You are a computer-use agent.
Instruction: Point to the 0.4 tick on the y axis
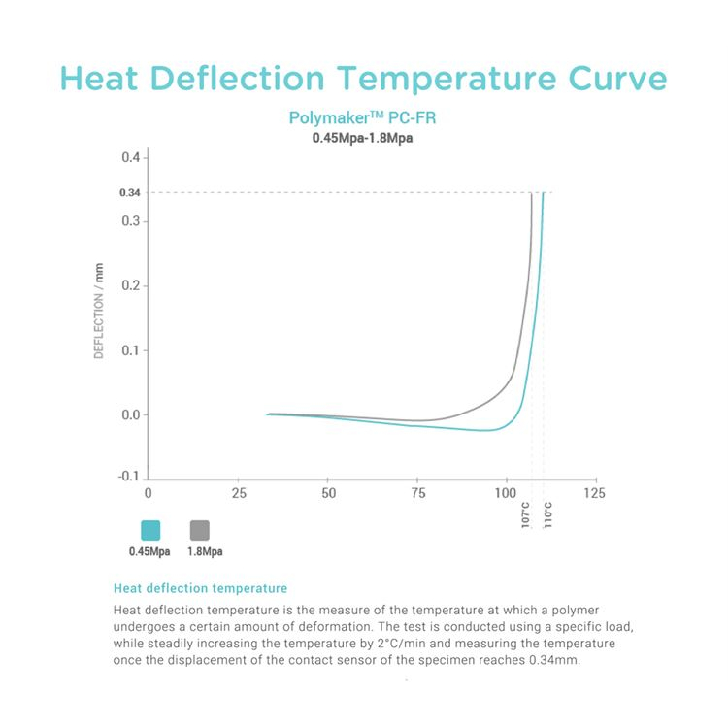(130, 157)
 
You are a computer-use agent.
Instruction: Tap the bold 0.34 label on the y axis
(129, 192)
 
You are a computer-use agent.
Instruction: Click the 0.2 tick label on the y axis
(130, 285)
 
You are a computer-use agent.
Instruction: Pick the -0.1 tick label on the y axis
(128, 478)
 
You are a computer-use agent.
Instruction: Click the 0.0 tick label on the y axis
(130, 414)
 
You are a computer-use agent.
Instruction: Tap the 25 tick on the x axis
(238, 493)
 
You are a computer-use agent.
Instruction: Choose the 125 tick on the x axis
(595, 493)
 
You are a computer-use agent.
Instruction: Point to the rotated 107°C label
(526, 514)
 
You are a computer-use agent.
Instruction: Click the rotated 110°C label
(547, 514)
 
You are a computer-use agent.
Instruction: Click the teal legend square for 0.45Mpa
(150, 530)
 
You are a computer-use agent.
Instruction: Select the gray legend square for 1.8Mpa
(199, 530)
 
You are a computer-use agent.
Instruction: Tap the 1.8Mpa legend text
(205, 551)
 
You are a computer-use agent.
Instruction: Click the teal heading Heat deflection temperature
(200, 588)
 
